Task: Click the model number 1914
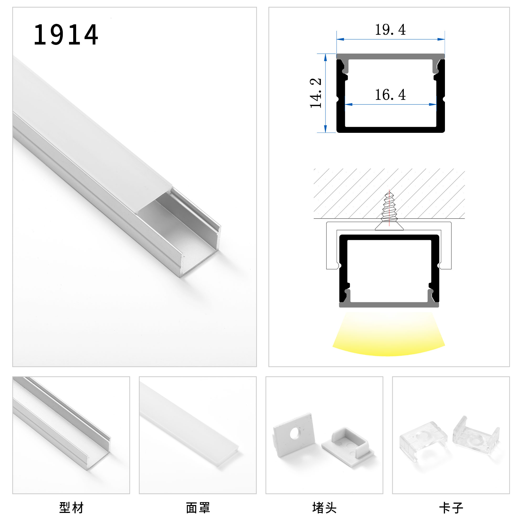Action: tap(66, 35)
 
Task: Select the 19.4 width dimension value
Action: tap(391, 30)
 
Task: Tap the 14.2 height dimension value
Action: tap(316, 93)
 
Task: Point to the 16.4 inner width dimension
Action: tap(391, 95)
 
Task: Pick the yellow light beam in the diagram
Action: tap(389, 334)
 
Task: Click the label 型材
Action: tap(71, 508)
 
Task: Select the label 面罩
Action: tap(198, 508)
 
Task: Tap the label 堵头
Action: tap(324, 508)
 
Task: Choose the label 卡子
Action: tap(451, 508)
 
